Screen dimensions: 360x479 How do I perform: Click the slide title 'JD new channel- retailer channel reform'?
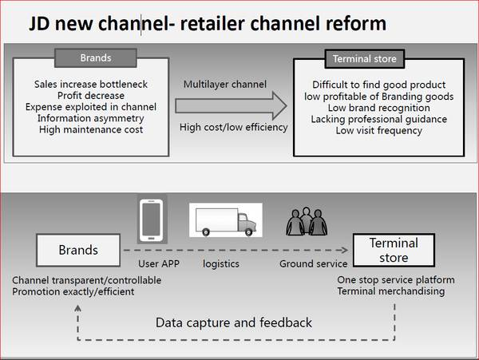(x=208, y=23)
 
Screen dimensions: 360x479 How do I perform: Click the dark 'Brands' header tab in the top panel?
(x=97, y=57)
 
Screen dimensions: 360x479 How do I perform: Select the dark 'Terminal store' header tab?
(x=364, y=57)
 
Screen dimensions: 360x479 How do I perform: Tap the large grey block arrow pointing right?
(x=231, y=105)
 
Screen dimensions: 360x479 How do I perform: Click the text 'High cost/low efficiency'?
(x=233, y=127)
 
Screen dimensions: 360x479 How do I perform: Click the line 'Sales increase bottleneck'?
(x=91, y=84)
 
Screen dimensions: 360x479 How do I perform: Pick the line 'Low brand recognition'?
(x=368, y=107)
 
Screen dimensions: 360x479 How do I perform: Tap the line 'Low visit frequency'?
(x=368, y=130)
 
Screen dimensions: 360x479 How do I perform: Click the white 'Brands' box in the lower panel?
(x=78, y=251)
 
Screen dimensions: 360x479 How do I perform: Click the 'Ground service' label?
(x=314, y=263)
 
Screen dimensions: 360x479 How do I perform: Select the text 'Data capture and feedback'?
(x=234, y=322)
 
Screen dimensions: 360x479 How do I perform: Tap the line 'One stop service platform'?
(x=396, y=280)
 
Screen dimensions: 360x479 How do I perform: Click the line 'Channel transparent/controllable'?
(x=86, y=280)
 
